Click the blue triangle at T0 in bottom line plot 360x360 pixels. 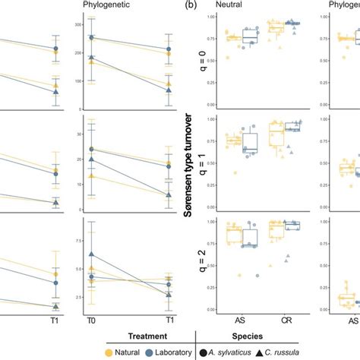tap(92, 254)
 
